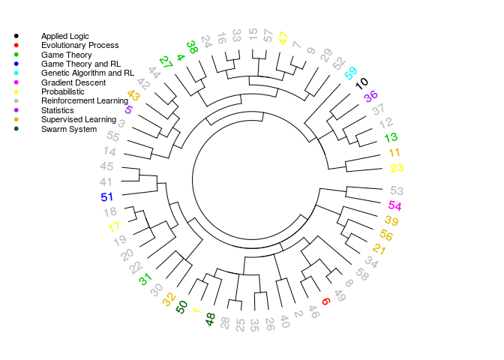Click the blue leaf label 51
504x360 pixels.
106,196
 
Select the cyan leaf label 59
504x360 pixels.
351,73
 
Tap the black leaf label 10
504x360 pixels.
362,83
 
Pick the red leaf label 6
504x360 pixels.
326,301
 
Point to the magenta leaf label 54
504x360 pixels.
394,205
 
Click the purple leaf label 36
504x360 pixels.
371,96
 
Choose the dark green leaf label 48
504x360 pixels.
210,319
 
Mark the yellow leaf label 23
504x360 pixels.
397,168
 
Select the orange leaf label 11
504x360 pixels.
394,152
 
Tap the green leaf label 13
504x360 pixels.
391,137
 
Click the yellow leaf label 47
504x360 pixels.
283,38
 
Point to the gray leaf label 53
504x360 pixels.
397,190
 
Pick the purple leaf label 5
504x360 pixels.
129,109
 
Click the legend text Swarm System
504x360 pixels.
69,129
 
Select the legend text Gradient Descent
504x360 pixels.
73,82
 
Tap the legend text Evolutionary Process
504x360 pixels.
80,45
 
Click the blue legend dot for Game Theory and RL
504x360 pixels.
16,64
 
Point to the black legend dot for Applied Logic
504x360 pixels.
16,36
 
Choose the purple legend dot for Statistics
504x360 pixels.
16,110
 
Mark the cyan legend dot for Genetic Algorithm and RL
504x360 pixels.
16,73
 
